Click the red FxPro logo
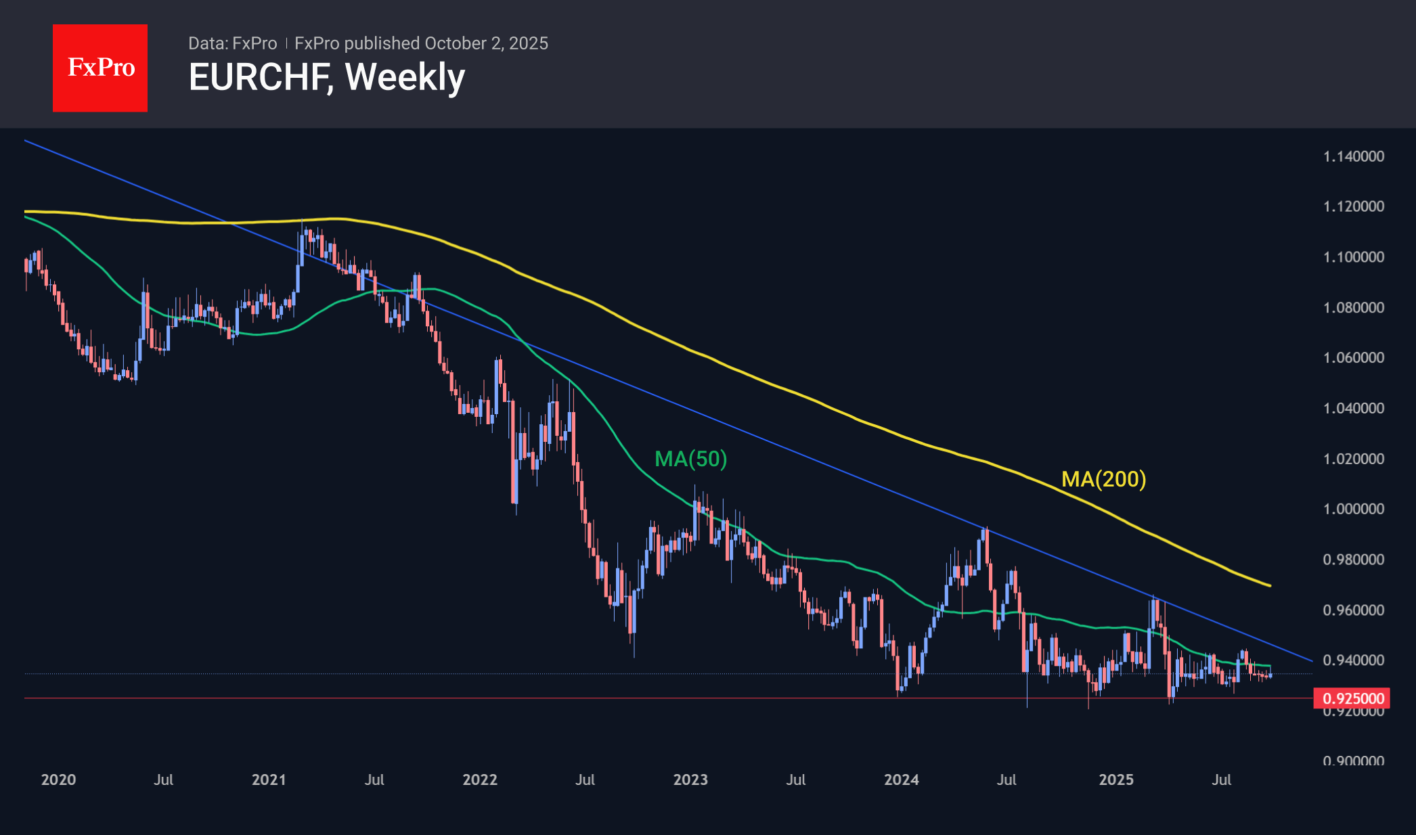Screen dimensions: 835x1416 pos(100,68)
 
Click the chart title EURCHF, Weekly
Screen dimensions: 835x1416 pos(327,77)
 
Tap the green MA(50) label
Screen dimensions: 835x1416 pos(690,459)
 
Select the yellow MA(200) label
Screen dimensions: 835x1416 pos(1103,479)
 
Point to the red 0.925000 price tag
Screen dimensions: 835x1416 pos(1351,698)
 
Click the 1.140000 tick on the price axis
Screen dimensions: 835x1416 pos(1353,156)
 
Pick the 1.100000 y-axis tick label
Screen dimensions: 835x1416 pos(1353,257)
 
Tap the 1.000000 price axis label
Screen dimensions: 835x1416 pos(1353,509)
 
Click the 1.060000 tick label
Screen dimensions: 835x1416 pos(1353,357)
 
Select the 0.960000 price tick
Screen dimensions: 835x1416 pos(1353,610)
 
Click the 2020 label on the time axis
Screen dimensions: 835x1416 pos(58,780)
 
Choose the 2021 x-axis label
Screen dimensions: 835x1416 pos(269,780)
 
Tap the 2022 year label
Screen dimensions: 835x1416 pos(480,780)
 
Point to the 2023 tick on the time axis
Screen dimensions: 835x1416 pos(690,780)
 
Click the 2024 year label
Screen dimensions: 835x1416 pos(902,780)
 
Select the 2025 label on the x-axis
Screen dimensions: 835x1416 pos(1116,780)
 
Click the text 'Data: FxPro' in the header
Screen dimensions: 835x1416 pos(232,43)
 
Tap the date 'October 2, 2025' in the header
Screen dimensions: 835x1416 pos(486,43)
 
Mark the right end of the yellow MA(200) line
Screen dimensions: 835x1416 pos(1270,585)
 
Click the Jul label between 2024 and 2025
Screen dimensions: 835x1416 pos(1006,780)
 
